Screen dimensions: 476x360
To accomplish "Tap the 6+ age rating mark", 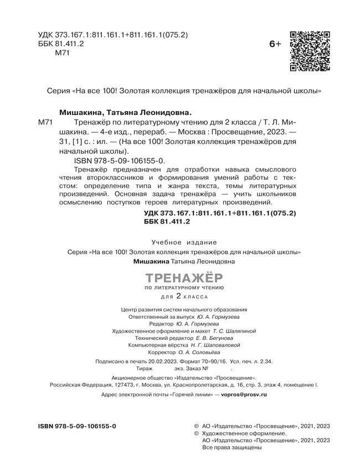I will click(x=275, y=44).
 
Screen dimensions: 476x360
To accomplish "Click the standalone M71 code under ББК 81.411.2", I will click(x=65, y=53).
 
